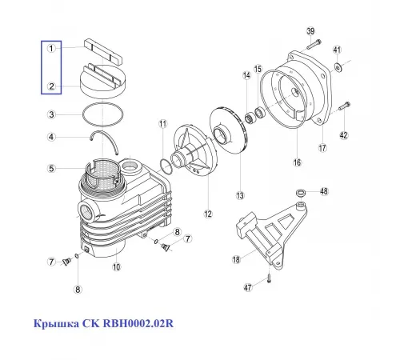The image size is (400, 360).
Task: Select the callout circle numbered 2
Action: (x=50, y=86)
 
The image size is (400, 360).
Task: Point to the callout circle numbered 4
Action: (x=50, y=137)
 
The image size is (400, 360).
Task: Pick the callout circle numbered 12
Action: (x=208, y=214)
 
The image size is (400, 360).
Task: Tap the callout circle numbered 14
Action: (x=247, y=76)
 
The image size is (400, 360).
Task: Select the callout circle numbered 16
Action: (x=296, y=162)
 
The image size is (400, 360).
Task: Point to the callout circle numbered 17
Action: (x=322, y=147)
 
